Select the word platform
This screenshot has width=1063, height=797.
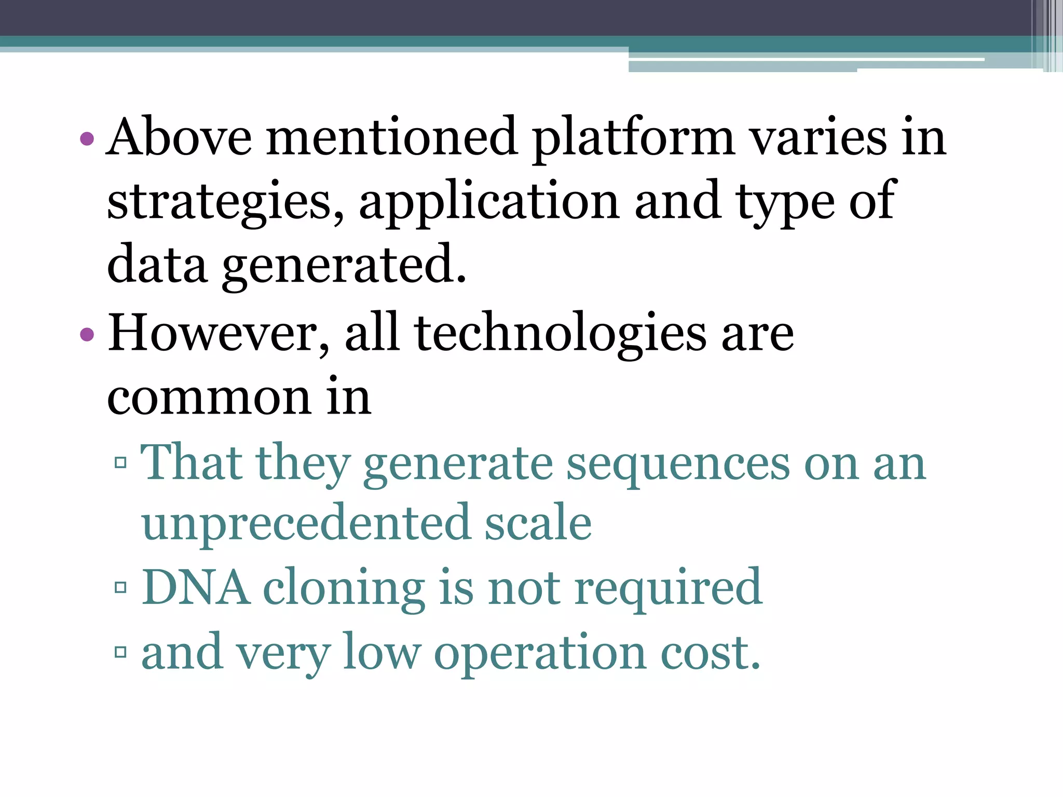[633, 138]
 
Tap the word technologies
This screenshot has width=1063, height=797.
[561, 334]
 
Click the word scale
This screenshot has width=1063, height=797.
[538, 523]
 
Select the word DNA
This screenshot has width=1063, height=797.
[195, 588]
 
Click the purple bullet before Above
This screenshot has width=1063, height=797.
[87, 139]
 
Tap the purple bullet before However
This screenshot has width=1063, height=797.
[87, 335]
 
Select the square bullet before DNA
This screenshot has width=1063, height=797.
[120, 588]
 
